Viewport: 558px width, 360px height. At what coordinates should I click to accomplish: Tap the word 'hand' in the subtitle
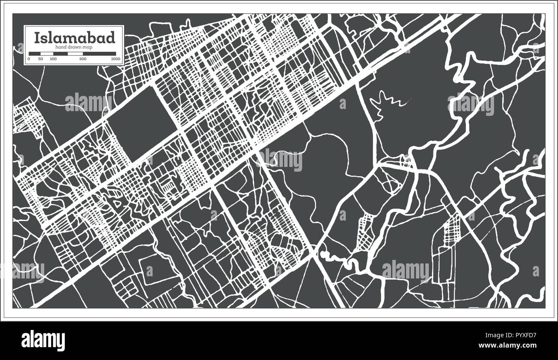pos(61,46)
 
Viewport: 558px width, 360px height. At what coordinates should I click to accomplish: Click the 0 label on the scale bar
pos(29,58)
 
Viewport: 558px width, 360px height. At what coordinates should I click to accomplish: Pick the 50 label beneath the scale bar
pos(40,58)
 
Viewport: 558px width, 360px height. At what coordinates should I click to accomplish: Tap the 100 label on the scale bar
pos(53,58)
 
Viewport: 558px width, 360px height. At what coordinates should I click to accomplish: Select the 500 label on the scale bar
pos(83,58)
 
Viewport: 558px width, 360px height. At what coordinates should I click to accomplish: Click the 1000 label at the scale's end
pos(115,58)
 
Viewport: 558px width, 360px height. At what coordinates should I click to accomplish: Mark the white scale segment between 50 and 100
pos(46,54)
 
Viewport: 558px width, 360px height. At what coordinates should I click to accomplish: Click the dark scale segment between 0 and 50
pos(34,54)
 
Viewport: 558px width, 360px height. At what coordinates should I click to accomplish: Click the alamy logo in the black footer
pos(43,340)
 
